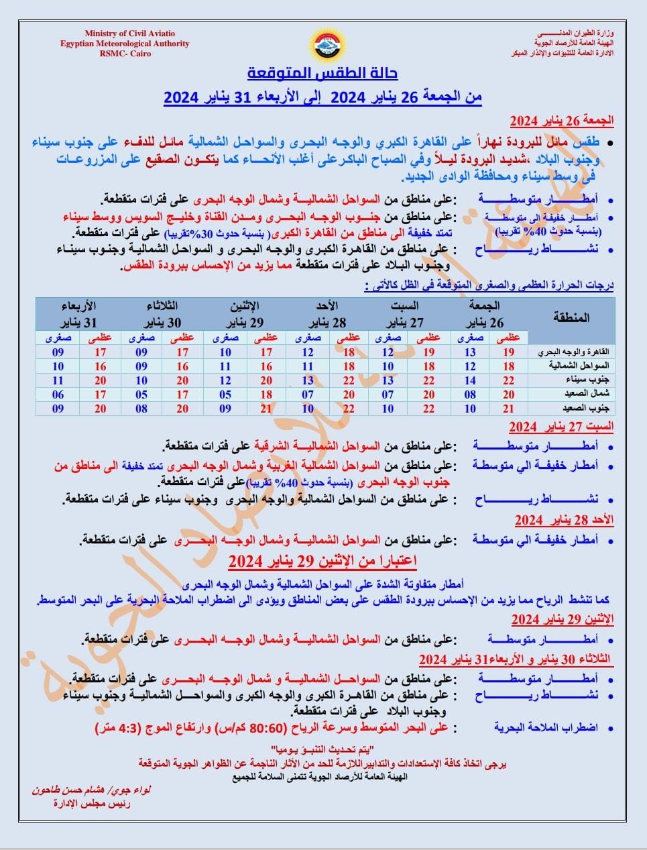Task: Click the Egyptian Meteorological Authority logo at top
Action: [322, 44]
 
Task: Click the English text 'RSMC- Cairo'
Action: [125, 54]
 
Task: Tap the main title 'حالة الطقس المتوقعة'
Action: [323, 72]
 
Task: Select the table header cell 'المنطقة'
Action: [571, 317]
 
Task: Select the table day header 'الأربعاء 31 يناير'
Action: [78, 314]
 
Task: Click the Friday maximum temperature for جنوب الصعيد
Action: [509, 409]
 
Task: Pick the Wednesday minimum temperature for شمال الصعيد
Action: [58, 394]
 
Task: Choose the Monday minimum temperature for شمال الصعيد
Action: [225, 394]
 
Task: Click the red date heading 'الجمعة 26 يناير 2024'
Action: [562, 121]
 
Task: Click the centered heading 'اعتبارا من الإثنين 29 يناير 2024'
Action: [323, 560]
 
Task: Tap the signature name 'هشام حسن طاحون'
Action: [74, 790]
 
